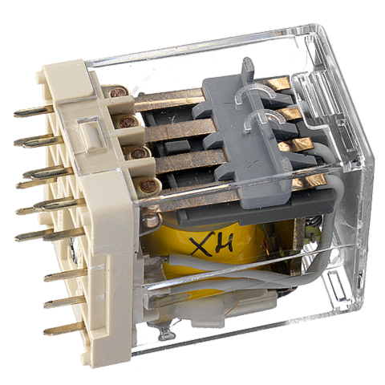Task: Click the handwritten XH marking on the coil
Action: pyautogui.click(x=211, y=243)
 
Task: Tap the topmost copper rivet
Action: pyautogui.click(x=118, y=93)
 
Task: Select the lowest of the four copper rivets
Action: pyautogui.click(x=148, y=185)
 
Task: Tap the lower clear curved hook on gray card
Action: pyautogui.click(x=263, y=120)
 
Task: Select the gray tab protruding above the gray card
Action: pyautogui.click(x=248, y=68)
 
